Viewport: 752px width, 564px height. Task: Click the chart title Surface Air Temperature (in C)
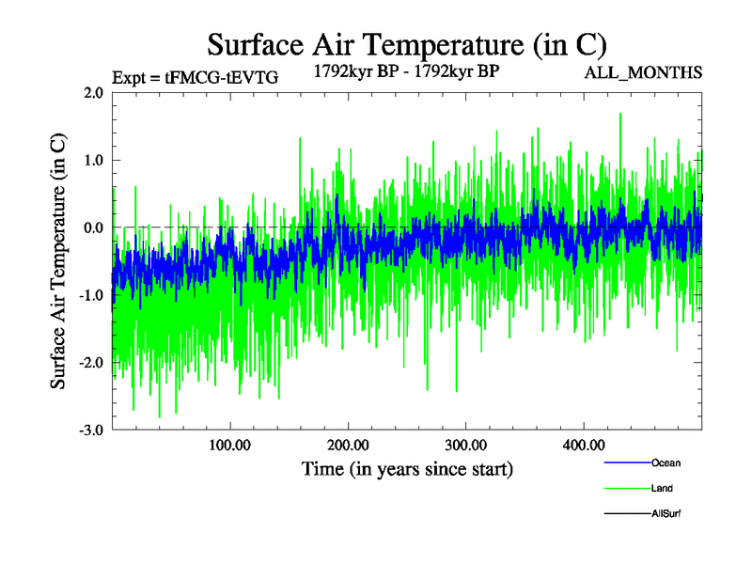pyautogui.click(x=407, y=44)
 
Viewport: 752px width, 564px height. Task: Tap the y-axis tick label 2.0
pyautogui.click(x=92, y=93)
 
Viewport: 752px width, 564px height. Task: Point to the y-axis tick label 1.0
pyautogui.click(x=92, y=161)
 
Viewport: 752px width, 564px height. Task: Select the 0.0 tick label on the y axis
pyautogui.click(x=92, y=228)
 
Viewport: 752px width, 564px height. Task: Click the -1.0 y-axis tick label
pyautogui.click(x=90, y=296)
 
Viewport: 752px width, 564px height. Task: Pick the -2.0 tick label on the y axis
pyautogui.click(x=90, y=364)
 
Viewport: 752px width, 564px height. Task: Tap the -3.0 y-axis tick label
pyautogui.click(x=90, y=431)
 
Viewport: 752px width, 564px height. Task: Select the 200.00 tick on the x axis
pyautogui.click(x=348, y=445)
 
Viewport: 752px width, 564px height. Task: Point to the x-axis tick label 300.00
pyautogui.click(x=465, y=445)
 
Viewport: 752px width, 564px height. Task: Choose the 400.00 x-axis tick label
pyautogui.click(x=583, y=445)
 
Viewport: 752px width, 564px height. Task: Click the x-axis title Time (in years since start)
pyautogui.click(x=407, y=468)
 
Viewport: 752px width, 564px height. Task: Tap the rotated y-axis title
pyautogui.click(x=58, y=261)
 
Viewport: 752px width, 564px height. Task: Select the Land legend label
pyautogui.click(x=662, y=489)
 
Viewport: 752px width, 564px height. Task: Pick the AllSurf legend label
pyautogui.click(x=666, y=514)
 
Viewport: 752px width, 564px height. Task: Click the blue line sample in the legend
pyautogui.click(x=625, y=462)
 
